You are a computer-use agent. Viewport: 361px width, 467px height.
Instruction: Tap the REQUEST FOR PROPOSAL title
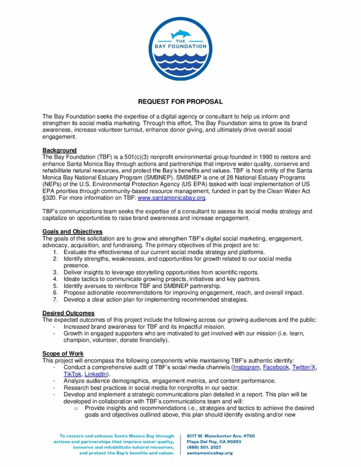click(x=180, y=102)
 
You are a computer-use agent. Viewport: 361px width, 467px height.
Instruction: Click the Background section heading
click(x=59, y=150)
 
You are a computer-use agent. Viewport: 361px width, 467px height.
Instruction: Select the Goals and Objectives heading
click(x=72, y=232)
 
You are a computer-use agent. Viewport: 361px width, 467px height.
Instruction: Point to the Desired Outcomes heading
click(x=68, y=313)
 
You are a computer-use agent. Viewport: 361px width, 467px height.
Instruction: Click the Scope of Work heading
click(x=63, y=353)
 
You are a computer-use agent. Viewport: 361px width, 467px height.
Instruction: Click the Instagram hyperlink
click(x=246, y=367)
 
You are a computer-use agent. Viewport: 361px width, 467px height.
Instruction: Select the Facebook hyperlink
click(x=276, y=367)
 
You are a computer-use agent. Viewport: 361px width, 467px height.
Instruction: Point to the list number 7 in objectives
click(x=55, y=300)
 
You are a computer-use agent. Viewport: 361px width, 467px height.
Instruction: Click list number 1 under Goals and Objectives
click(x=55, y=252)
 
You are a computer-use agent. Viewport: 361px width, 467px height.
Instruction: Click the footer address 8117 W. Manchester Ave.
click(x=221, y=436)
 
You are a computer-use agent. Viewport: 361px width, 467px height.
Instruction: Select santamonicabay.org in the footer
click(x=210, y=453)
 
